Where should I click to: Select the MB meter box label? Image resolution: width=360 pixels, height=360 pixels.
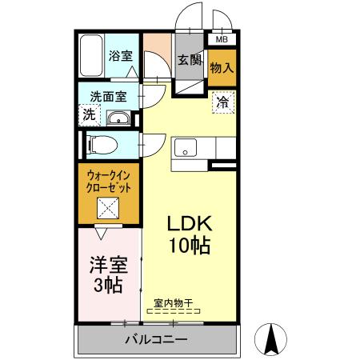click(221, 38)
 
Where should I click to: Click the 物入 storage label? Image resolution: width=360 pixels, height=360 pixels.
click(222, 68)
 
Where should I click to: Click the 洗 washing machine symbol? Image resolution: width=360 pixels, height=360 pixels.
click(90, 114)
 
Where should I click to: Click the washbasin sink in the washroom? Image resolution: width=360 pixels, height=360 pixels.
click(120, 119)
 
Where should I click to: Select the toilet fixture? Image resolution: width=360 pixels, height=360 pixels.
click(102, 145)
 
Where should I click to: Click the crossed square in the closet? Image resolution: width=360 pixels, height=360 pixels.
click(108, 209)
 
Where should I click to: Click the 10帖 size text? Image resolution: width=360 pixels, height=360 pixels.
click(189, 246)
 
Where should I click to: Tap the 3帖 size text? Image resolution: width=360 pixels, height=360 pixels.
click(107, 286)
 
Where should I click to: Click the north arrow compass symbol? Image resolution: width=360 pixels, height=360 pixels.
click(271, 340)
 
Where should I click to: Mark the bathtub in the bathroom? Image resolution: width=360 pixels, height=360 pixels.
click(93, 55)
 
